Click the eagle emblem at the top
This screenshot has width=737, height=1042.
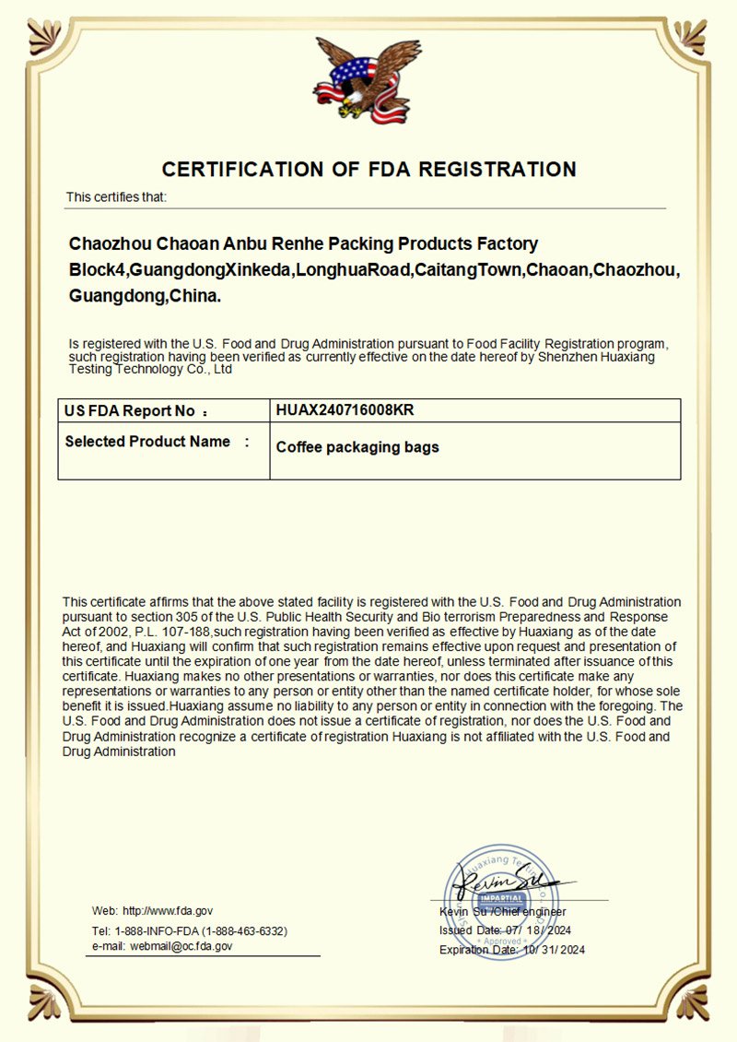click(x=360, y=80)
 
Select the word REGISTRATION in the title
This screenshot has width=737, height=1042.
click(x=498, y=170)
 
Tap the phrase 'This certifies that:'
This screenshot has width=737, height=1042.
click(x=116, y=197)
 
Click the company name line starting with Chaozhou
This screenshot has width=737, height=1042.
click(x=303, y=244)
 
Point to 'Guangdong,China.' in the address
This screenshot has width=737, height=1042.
click(x=146, y=297)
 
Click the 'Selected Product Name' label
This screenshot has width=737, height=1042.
click(x=147, y=442)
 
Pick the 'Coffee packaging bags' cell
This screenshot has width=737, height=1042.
click(x=357, y=447)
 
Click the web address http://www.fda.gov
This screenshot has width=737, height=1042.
click(x=168, y=910)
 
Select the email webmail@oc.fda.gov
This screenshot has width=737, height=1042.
click(x=181, y=946)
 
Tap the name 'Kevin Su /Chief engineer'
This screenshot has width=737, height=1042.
click(x=502, y=912)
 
